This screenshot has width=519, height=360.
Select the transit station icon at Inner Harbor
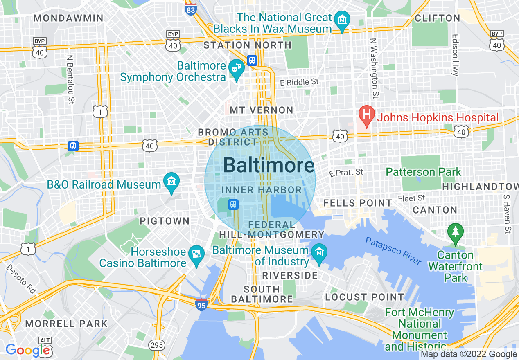pos(233,204)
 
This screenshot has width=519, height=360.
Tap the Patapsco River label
pos(393,251)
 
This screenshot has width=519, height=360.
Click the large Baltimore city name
pos(269,166)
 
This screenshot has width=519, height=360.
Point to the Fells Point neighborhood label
pos(357,203)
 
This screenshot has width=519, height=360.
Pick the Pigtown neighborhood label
pos(165,221)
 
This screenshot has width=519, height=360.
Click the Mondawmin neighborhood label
pos(68,18)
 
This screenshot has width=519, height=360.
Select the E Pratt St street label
pos(346,173)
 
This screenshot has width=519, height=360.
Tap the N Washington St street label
pos(373,68)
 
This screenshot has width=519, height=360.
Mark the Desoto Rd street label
pos(21,279)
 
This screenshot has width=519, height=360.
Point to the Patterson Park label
pos(423,172)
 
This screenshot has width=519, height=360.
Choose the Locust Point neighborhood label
pos(364,297)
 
